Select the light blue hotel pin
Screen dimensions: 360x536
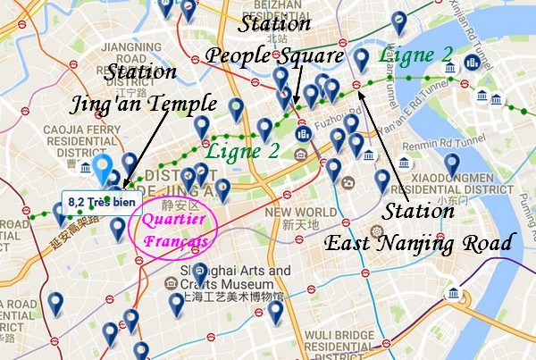pyautogui.click(x=105, y=170)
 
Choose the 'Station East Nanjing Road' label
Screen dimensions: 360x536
pyautogui.click(x=418, y=228)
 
